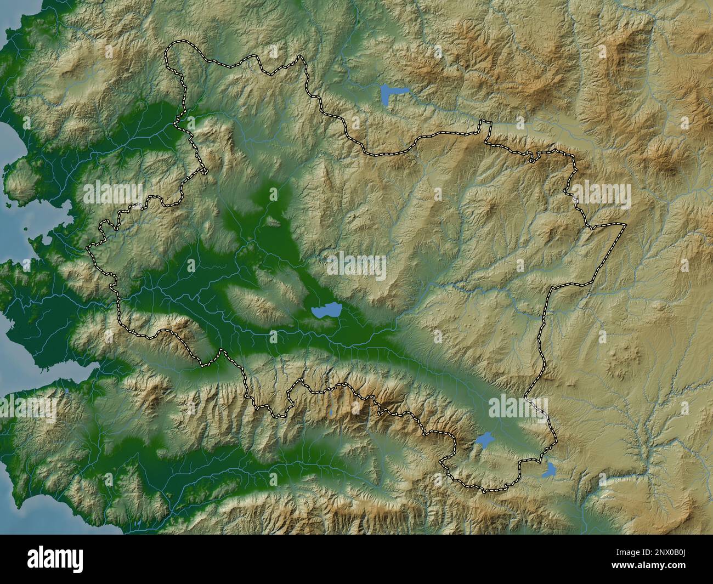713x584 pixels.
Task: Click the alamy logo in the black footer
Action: (55, 559)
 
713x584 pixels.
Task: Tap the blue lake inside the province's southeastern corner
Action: (484, 439)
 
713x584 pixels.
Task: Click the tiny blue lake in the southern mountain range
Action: (331, 411)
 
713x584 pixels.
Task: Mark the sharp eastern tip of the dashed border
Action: (625, 224)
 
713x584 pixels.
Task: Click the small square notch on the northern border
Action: (484, 126)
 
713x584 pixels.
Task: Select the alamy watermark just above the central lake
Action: (356, 266)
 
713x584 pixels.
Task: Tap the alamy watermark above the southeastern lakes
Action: (518, 408)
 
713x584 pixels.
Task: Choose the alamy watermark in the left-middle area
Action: (112, 194)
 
